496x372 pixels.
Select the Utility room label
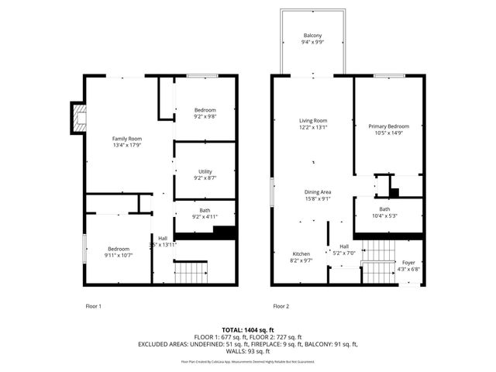pyautogui.click(x=205, y=171)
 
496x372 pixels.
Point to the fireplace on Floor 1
pyautogui.click(x=77, y=116)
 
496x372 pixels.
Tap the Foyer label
pyautogui.click(x=408, y=263)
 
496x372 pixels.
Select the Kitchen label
pyautogui.click(x=301, y=254)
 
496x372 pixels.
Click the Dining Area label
pyautogui.click(x=318, y=191)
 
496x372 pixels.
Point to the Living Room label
pyautogui.click(x=313, y=120)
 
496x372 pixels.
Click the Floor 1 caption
pyautogui.click(x=93, y=306)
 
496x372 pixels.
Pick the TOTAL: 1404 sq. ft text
pyautogui.click(x=248, y=329)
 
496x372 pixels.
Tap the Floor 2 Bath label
pyautogui.click(x=384, y=209)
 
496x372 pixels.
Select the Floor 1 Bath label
pyautogui.click(x=205, y=210)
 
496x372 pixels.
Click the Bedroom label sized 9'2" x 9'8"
pyautogui.click(x=205, y=109)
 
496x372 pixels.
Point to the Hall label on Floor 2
pyautogui.click(x=343, y=246)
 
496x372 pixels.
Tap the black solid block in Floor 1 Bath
pyautogui.click(x=223, y=232)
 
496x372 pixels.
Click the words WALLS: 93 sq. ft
pyautogui.click(x=248, y=351)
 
